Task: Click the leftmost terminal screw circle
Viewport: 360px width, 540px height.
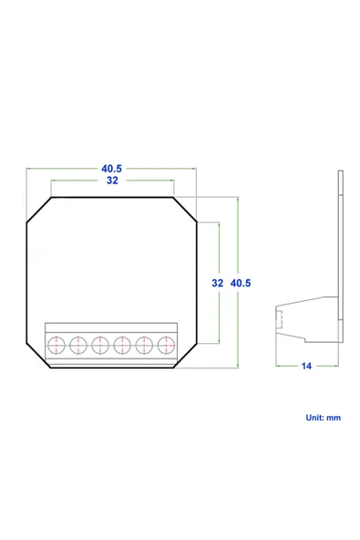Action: (x=57, y=345)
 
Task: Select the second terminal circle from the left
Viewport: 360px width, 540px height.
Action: (x=78, y=345)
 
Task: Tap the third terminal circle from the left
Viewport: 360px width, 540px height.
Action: (x=100, y=345)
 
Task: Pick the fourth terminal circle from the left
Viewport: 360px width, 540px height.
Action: (x=122, y=345)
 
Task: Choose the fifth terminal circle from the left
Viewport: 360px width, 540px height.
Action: (x=144, y=345)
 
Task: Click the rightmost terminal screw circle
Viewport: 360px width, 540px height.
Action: (x=166, y=345)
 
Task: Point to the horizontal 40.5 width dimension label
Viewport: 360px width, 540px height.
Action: (x=112, y=169)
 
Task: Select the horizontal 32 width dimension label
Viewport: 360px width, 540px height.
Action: (x=112, y=182)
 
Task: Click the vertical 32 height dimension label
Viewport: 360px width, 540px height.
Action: (x=218, y=284)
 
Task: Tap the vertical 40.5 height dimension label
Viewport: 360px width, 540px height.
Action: (x=242, y=284)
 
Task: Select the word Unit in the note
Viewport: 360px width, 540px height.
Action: (x=313, y=417)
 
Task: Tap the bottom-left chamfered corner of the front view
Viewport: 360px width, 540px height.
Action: (x=38, y=357)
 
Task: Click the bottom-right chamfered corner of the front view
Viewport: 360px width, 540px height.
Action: (x=184, y=357)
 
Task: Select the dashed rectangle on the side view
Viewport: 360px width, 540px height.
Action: (x=282, y=321)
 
